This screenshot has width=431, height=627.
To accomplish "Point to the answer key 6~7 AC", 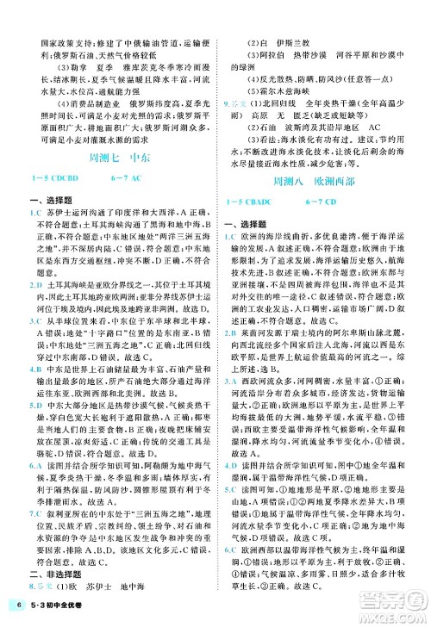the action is pyautogui.click(x=144, y=177).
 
